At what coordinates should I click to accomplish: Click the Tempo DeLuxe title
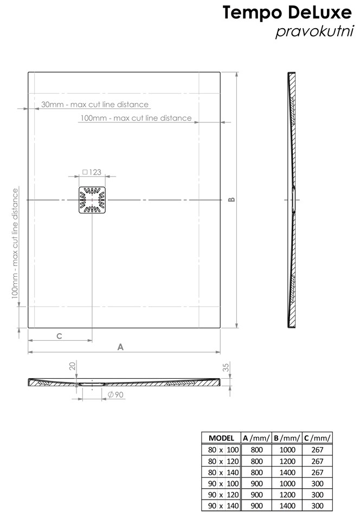pos(287,12)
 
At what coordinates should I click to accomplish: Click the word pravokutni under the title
pos(314,32)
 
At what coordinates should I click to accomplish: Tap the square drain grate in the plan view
pos(92,200)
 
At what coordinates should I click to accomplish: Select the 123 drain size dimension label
pos(92,172)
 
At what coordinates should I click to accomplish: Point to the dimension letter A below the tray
pos(120,347)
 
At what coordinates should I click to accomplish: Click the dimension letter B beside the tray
pos(232,199)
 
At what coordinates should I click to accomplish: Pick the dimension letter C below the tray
pos(59,336)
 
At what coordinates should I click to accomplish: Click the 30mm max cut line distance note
pos(95,105)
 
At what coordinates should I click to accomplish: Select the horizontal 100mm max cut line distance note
pos(136,118)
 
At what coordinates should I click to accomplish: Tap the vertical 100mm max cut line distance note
pos(15,243)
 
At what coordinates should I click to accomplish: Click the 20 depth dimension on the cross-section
pos(73,366)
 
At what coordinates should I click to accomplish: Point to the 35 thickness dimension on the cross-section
pos(226,367)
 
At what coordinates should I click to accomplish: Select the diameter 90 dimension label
pos(115,394)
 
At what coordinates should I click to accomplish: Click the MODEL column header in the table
pos(222,438)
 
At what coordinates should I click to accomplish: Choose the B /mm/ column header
pos(287,438)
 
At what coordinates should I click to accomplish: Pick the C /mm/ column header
pos(317,438)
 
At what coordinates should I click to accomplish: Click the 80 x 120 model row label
pos(223,461)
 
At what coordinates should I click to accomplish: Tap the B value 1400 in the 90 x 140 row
pos(287,506)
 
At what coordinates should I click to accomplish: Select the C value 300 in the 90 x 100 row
pos(317,484)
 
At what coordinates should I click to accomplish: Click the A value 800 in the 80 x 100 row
pos(256,450)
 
